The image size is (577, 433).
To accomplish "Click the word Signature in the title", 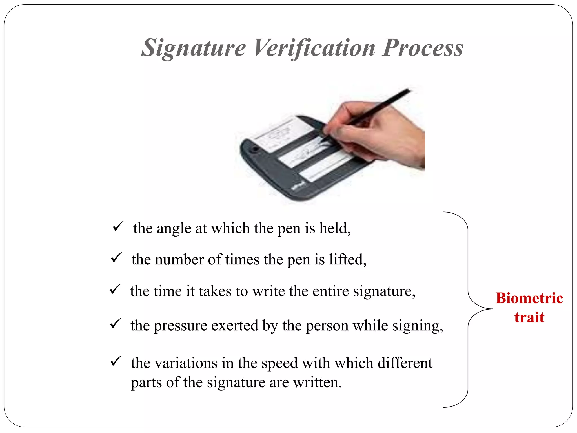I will pyautogui.click(x=194, y=48).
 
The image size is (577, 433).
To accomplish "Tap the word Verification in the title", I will pyautogui.click(x=314, y=48).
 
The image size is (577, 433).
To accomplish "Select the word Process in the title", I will pyautogui.click(x=423, y=48).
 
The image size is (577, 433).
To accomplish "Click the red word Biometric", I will pyautogui.click(x=529, y=298).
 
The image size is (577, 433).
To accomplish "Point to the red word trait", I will pyautogui.click(x=529, y=317).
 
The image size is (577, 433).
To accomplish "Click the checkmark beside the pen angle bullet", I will pyautogui.click(x=117, y=226).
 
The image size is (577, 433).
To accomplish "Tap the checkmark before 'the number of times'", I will pyautogui.click(x=116, y=258).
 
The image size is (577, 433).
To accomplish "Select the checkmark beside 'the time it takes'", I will pyautogui.click(x=115, y=289).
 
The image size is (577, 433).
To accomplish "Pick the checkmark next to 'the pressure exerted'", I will pyautogui.click(x=115, y=324).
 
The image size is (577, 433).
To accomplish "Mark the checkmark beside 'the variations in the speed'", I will pyautogui.click(x=116, y=361).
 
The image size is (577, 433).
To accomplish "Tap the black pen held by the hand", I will pyautogui.click(x=381, y=107).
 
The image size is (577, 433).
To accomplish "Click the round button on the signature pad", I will pyautogui.click(x=254, y=149).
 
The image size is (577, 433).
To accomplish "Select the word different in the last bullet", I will pyautogui.click(x=405, y=363).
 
